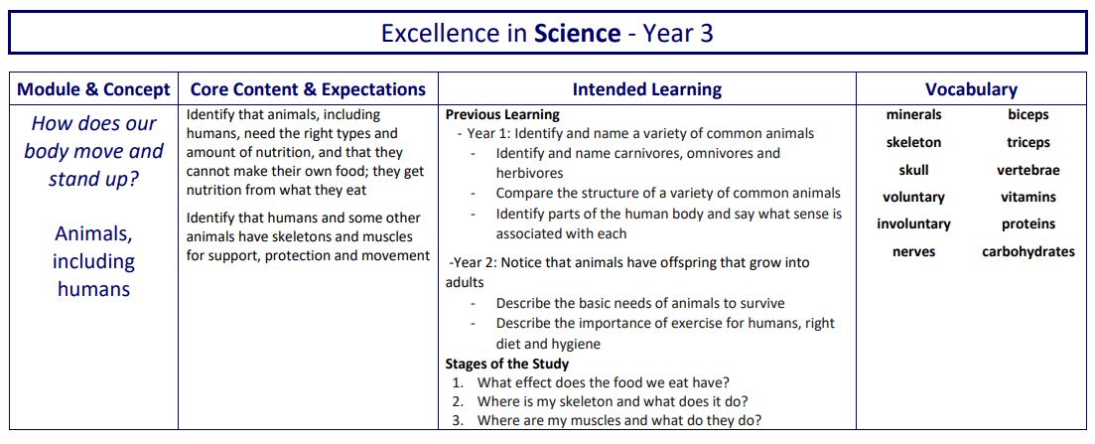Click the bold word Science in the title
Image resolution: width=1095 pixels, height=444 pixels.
(577, 33)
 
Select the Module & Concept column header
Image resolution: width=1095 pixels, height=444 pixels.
(93, 89)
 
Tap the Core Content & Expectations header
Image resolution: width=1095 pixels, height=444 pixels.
(308, 89)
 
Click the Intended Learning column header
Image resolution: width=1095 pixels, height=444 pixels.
(646, 89)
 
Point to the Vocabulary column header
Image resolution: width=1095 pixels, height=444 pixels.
(971, 89)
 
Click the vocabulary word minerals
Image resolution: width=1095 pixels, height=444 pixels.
(913, 115)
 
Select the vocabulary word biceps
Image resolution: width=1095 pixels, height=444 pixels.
(1027, 115)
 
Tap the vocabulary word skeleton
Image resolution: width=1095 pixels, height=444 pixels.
(913, 143)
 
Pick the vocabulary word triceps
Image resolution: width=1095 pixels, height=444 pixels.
(1027, 143)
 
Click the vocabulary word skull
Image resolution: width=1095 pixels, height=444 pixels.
(913, 170)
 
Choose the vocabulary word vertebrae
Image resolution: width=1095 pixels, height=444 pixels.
(1027, 170)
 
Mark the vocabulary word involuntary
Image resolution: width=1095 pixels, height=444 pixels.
(913, 224)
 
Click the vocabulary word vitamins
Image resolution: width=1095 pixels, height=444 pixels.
(1027, 198)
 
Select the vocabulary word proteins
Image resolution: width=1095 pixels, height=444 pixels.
(1027, 224)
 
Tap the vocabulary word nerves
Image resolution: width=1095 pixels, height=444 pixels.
(913, 252)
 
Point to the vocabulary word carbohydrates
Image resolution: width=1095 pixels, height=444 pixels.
(1027, 252)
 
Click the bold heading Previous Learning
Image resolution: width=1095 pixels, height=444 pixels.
(502, 115)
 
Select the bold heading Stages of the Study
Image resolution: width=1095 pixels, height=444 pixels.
(507, 364)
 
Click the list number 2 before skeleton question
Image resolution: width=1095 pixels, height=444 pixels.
(457, 402)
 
